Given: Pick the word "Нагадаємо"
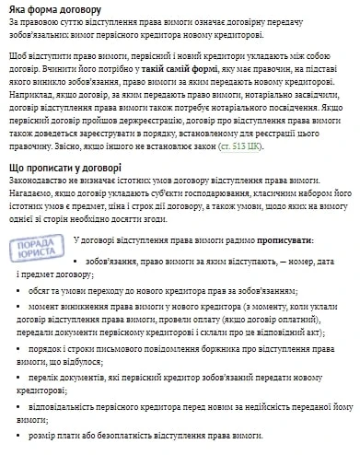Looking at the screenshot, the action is point(32,196).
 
